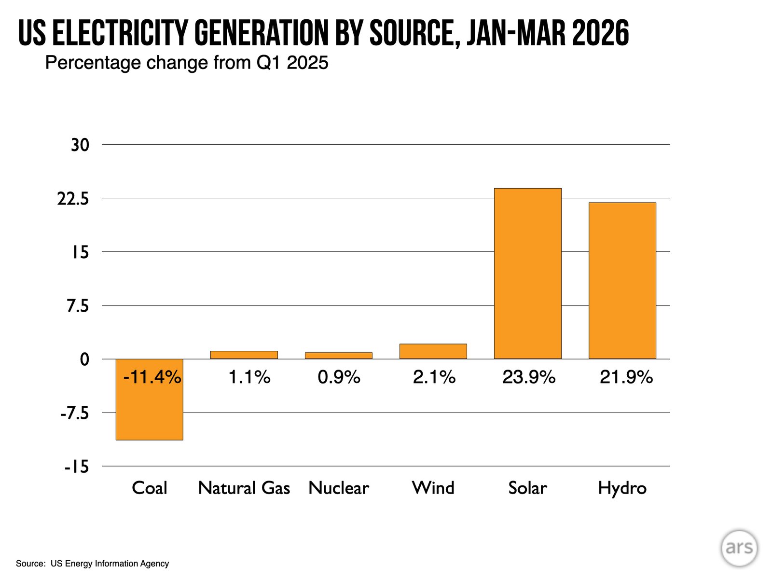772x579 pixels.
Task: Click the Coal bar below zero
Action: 150,400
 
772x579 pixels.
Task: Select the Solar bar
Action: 527,274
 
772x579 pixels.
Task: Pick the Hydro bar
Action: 622,280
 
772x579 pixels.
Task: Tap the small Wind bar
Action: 433,351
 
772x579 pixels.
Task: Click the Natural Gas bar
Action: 244,355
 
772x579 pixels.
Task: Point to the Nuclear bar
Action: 338,356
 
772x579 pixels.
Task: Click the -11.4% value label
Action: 152,377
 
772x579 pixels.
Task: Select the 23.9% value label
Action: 529,377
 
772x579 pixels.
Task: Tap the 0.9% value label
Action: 339,377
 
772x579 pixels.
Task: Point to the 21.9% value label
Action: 626,377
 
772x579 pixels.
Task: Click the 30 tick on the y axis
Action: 80,145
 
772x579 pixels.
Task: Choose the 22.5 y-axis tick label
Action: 73,199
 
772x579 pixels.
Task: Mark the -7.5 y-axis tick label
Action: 75,414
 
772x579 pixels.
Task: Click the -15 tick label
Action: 77,467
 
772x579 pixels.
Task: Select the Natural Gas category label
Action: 244,488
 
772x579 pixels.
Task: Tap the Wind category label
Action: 433,488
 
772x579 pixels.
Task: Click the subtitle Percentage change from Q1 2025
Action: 187,63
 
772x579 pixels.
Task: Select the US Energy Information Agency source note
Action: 110,564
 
